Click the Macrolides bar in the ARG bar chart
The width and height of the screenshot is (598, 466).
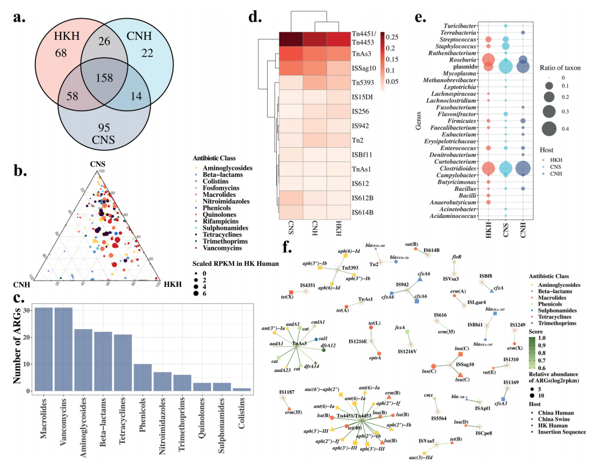pyautogui.click(x=43, y=350)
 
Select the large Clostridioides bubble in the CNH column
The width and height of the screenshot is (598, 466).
pyautogui.click(x=523, y=168)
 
